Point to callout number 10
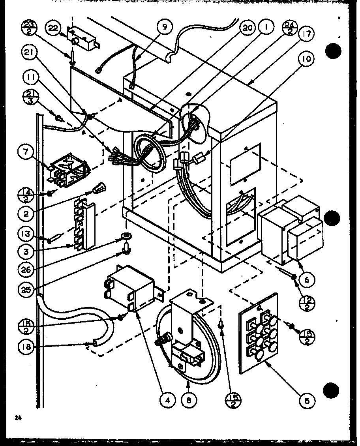(307, 60)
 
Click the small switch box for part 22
(82, 39)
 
